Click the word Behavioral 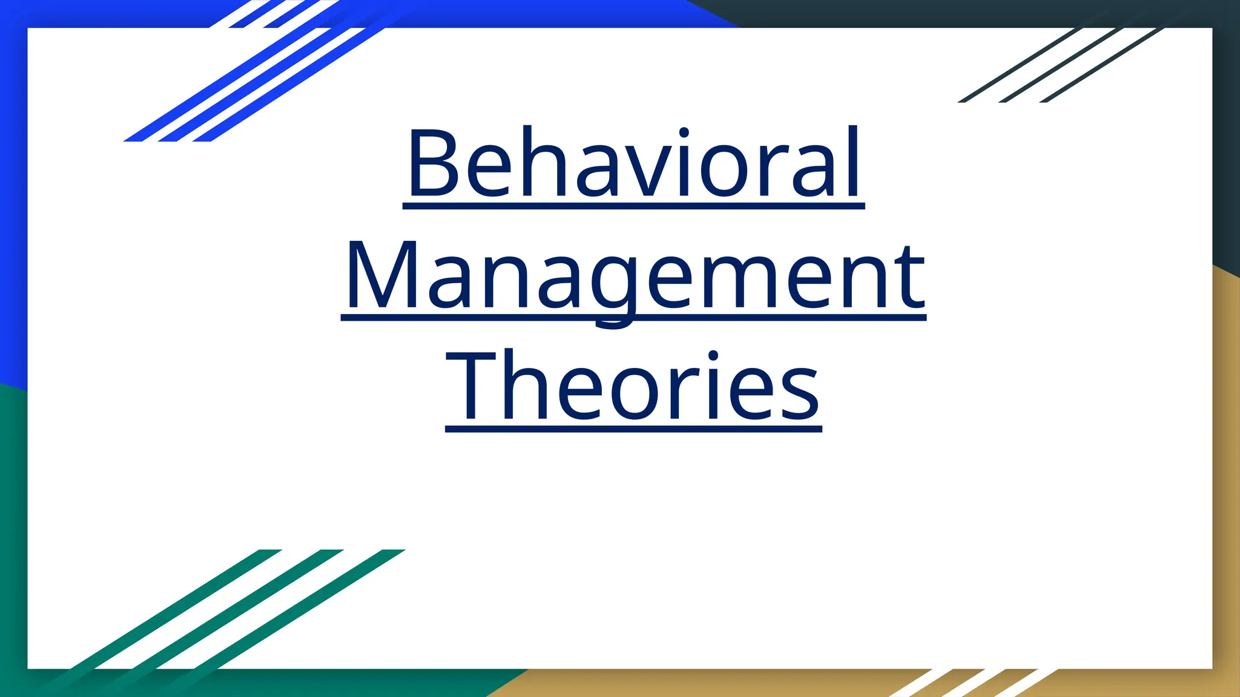[x=634, y=162]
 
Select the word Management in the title [x=634, y=275]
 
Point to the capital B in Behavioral [x=434, y=162]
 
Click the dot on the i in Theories [x=714, y=356]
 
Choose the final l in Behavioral [x=854, y=162]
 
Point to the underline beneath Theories [x=633, y=429]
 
